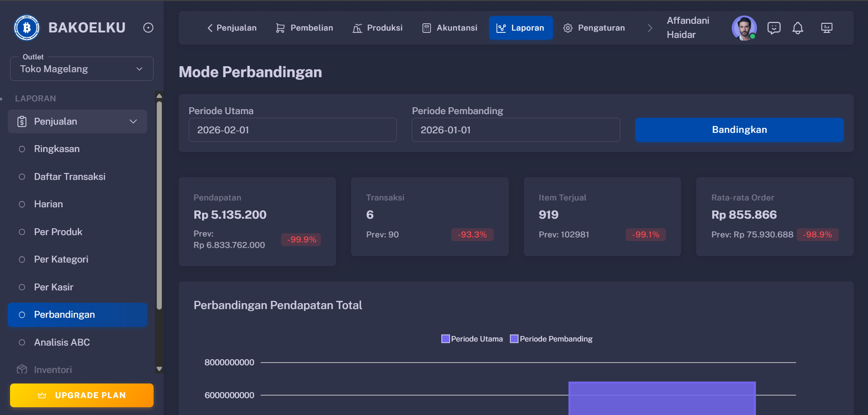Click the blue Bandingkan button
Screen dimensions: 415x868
coord(739,130)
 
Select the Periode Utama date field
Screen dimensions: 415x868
coord(293,130)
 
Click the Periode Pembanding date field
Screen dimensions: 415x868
coord(516,130)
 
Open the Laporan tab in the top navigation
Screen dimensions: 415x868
coord(521,28)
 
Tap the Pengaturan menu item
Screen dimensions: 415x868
coord(594,28)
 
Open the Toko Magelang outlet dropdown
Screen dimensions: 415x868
coord(82,69)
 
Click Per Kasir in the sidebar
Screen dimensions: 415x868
coord(53,287)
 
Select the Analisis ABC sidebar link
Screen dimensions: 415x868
coord(62,342)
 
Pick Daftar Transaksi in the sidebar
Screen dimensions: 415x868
coord(69,177)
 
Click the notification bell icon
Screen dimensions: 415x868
coord(798,28)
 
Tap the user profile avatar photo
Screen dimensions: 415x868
coord(744,28)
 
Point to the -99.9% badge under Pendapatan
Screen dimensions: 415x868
coord(301,240)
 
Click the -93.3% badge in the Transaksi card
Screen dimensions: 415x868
coord(473,235)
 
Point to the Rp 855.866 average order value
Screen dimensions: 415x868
coord(744,215)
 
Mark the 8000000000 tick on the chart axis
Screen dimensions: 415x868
coord(229,362)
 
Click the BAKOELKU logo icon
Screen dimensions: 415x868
coord(27,28)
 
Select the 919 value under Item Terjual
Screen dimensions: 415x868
coord(548,215)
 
